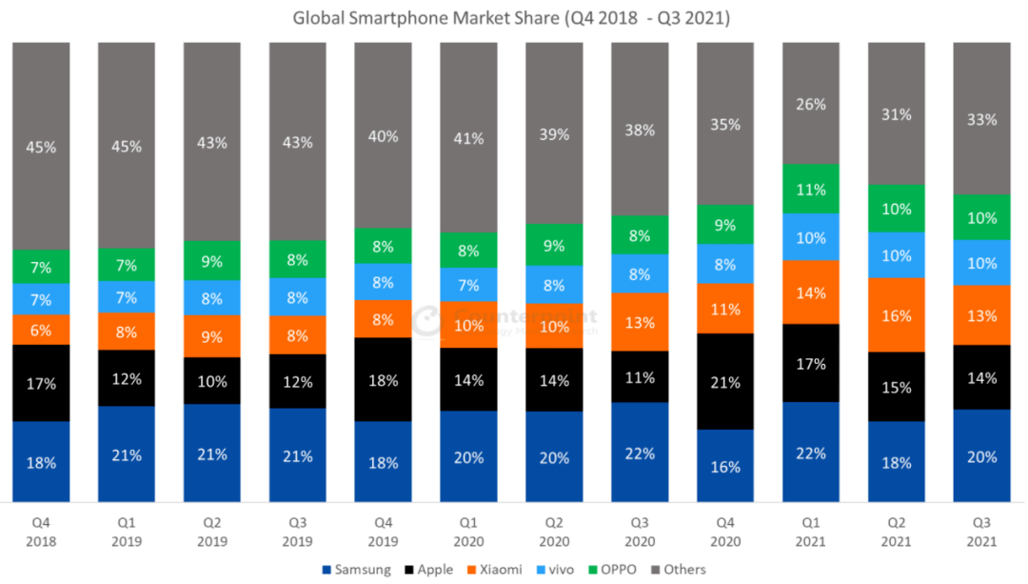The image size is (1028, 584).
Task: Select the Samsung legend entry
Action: click(x=359, y=570)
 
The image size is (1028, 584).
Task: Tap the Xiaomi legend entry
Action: click(x=494, y=570)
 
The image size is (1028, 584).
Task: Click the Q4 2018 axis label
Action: click(x=41, y=532)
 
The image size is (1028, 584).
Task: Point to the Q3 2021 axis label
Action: click(x=981, y=532)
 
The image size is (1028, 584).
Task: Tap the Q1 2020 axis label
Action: click(x=468, y=532)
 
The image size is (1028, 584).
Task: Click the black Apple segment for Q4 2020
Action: click(x=724, y=381)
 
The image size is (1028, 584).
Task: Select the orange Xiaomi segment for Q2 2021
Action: click(x=896, y=314)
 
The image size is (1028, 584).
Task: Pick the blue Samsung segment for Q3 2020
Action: click(x=640, y=452)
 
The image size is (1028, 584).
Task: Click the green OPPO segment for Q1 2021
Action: click(x=810, y=189)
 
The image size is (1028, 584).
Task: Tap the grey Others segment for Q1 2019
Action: click(x=127, y=146)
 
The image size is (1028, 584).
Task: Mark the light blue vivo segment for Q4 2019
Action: click(x=383, y=282)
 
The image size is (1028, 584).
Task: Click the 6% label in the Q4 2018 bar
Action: click(x=41, y=330)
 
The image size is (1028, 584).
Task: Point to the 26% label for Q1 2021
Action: click(x=810, y=104)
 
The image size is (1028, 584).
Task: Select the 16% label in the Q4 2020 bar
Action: click(x=724, y=466)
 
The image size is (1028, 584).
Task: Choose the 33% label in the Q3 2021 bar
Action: click(x=981, y=119)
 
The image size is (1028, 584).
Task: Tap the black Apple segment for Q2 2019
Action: click(x=212, y=381)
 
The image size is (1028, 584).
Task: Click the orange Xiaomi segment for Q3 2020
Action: click(x=640, y=322)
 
